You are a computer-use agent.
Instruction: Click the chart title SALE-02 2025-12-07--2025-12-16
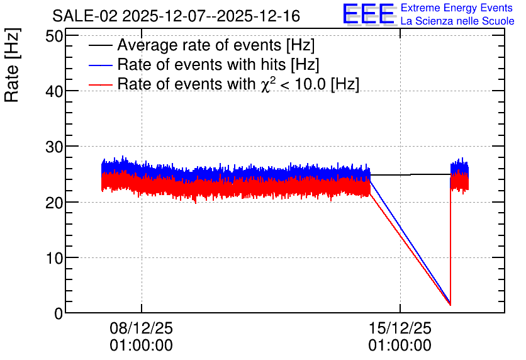pyautogui.click(x=176, y=16)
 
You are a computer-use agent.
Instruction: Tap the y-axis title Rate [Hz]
pyautogui.click(x=12, y=65)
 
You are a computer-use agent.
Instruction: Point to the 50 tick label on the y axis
pyautogui.click(x=54, y=36)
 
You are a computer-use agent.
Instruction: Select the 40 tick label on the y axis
pyautogui.click(x=54, y=91)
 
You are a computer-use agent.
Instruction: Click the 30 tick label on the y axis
pyautogui.click(x=54, y=147)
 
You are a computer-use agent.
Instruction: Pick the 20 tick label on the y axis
pyautogui.click(x=54, y=203)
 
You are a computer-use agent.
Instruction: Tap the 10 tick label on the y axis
pyautogui.click(x=54, y=258)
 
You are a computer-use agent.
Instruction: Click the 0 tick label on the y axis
pyautogui.click(x=59, y=313)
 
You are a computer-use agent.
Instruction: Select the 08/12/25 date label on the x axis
pyautogui.click(x=141, y=328)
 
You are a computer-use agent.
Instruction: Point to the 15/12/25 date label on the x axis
pyautogui.click(x=400, y=328)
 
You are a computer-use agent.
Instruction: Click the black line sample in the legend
pyautogui.click(x=100, y=45)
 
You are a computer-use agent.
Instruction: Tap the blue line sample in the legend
pyautogui.click(x=100, y=65)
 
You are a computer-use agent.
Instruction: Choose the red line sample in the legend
pyautogui.click(x=100, y=84)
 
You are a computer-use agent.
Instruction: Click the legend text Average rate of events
pyautogui.click(x=199, y=45)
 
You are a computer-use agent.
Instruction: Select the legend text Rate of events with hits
pyautogui.click(x=201, y=65)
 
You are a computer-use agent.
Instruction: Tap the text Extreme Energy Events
pyautogui.click(x=457, y=8)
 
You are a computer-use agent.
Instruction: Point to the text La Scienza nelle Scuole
pyautogui.click(x=457, y=21)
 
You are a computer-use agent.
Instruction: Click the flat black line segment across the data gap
pyautogui.click(x=410, y=175)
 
